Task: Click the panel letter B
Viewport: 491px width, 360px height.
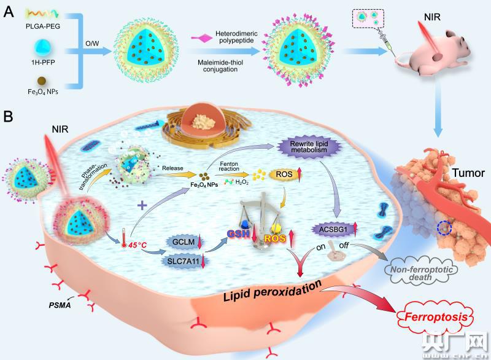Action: point(9,116)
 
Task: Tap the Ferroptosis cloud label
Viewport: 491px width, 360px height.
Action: point(436,318)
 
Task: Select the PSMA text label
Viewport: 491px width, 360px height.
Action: point(61,303)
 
